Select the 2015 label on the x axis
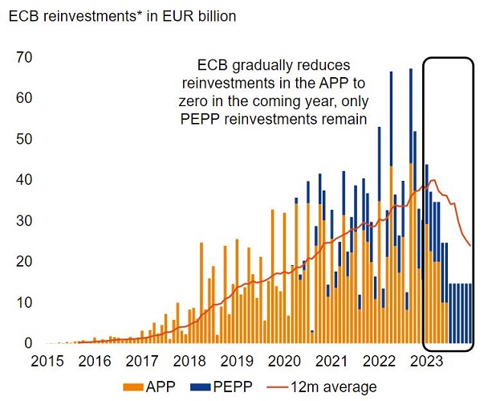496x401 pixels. point(47,362)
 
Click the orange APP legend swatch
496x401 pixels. point(132,387)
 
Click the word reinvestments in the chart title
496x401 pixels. point(88,15)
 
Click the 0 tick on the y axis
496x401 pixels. point(26,344)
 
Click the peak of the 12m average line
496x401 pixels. point(433,179)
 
